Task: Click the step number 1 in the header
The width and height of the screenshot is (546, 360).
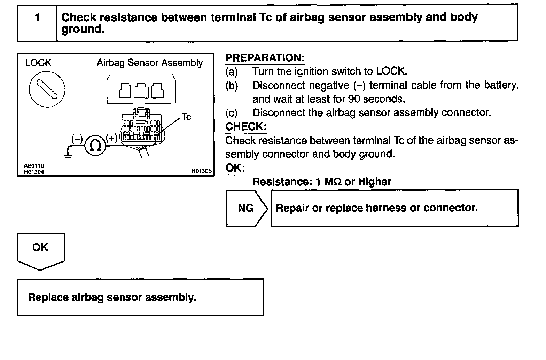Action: point(38,17)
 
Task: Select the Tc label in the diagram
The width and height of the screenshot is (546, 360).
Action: point(186,117)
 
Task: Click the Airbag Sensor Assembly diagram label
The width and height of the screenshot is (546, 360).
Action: point(150,63)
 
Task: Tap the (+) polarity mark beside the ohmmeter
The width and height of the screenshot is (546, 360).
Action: point(112,139)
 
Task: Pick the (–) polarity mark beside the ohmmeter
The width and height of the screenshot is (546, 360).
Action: point(76,139)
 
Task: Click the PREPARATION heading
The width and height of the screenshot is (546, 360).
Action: point(265,58)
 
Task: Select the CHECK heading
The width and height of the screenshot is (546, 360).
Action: point(246,126)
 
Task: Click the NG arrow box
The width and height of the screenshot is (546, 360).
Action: point(247,208)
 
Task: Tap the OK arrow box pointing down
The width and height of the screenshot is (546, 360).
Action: point(41,251)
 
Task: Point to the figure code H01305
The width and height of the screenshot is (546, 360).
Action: point(201,171)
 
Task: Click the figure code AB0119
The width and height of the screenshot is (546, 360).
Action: point(34,166)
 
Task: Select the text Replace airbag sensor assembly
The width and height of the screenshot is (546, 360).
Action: point(112,297)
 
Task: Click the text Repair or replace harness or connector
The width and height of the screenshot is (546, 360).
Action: point(376,208)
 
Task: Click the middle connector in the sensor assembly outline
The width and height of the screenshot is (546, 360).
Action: point(141,91)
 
